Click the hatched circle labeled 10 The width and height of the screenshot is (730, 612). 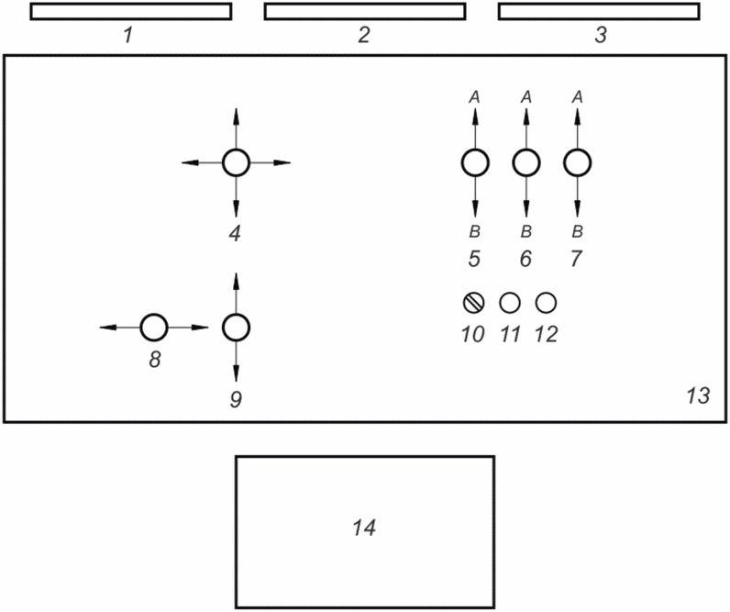[474, 303]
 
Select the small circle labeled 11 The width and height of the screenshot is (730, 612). [510, 303]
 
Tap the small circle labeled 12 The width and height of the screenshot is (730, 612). [546, 303]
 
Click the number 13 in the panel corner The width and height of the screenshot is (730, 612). [698, 395]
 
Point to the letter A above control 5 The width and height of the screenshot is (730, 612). [474, 97]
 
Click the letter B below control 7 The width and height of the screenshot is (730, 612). [577, 231]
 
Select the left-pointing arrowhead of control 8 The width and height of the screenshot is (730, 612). [108, 328]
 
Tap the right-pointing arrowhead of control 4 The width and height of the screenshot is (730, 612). [282, 162]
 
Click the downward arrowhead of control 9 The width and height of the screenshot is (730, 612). [236, 373]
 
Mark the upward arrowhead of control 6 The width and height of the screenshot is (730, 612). [526, 117]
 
